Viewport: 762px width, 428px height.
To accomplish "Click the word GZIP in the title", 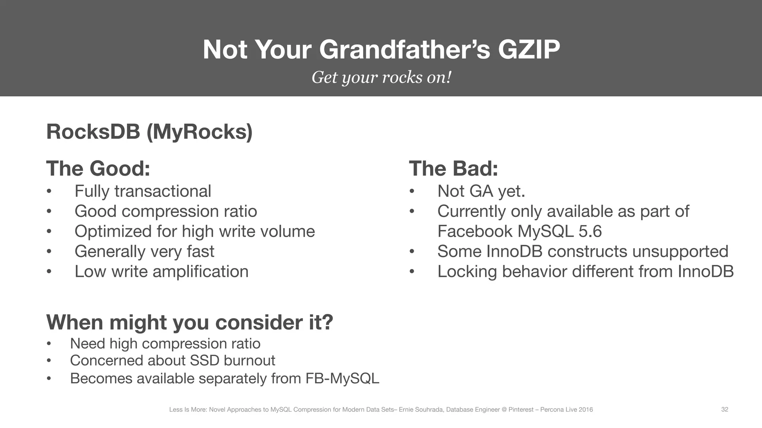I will [529, 49].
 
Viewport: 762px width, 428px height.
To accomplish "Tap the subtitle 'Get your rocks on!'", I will [381, 77].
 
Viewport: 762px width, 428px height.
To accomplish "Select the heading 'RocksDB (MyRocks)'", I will [149, 132].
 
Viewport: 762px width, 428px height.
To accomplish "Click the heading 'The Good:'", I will [98, 168].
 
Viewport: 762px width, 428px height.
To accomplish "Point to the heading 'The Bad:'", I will [453, 168].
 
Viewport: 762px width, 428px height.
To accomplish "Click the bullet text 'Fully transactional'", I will [143, 191].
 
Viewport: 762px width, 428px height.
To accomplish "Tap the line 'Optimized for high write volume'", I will [195, 231].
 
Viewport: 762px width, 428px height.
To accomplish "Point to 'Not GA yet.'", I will [481, 191].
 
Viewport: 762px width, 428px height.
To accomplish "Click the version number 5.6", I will [590, 231].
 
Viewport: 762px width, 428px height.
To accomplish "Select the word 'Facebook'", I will [475, 231].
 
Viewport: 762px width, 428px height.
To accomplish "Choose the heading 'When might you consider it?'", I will [190, 322].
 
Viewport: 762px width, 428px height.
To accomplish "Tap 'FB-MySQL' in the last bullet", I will [342, 379].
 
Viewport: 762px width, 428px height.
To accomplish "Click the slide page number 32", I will [724, 409].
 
